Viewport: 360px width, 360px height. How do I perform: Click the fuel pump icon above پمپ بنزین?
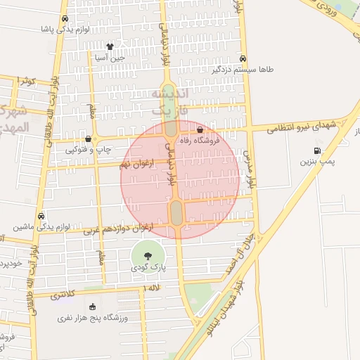tap(318, 150)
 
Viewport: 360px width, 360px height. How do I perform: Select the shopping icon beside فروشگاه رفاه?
tap(200, 129)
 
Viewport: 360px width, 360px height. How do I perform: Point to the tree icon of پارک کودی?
tap(148, 257)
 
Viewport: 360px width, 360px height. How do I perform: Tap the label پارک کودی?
tap(148, 269)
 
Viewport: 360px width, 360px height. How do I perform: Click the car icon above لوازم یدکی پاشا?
tap(65, 19)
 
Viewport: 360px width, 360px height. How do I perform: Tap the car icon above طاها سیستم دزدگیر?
tap(243, 58)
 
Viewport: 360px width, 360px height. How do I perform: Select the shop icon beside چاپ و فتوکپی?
tap(88, 139)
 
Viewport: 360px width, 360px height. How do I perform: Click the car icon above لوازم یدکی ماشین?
tap(41, 216)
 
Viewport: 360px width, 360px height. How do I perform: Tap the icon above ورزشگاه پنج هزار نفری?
tap(93, 307)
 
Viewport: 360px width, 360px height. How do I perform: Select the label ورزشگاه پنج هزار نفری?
tap(93, 319)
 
